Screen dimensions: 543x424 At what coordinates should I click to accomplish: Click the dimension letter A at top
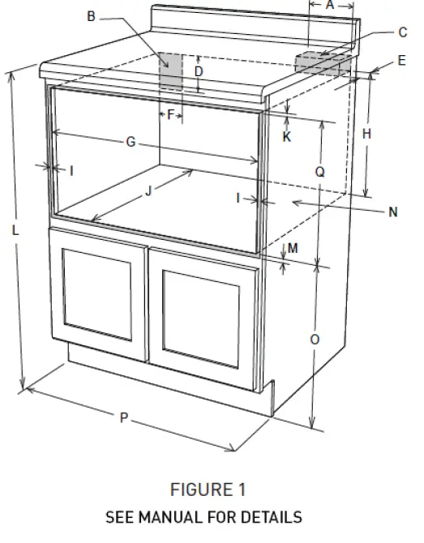(330, 5)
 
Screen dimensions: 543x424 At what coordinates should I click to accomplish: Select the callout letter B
(91, 15)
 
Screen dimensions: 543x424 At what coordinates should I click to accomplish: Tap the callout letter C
(402, 32)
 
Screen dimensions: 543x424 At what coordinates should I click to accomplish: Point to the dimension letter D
(199, 71)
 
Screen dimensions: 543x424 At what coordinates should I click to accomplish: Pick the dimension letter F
(170, 114)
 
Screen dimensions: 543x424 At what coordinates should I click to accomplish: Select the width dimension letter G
(130, 142)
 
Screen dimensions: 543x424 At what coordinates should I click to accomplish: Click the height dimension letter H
(367, 133)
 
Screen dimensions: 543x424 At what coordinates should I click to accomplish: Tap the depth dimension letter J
(148, 192)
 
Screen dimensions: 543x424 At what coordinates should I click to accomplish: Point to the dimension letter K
(287, 137)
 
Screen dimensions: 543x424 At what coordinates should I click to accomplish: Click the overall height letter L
(15, 230)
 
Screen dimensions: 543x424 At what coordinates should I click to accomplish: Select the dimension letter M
(293, 247)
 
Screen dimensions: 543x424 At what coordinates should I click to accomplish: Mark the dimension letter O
(315, 340)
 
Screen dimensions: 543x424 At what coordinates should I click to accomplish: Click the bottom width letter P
(124, 417)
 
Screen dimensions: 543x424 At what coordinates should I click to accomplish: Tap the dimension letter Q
(320, 172)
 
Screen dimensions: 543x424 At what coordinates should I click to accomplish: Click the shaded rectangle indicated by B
(171, 73)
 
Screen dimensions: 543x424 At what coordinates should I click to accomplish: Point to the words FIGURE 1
(208, 490)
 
